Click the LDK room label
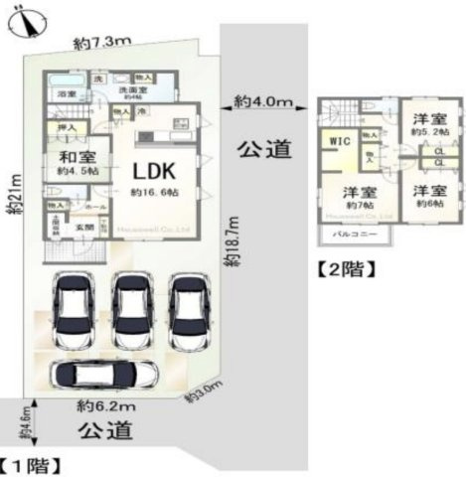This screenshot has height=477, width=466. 153,166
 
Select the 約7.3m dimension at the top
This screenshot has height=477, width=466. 102,43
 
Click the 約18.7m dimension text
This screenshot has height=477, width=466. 231,243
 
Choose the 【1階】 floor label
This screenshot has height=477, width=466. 33,464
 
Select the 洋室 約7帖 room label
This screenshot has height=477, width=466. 359,197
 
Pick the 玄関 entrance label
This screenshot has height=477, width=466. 86,227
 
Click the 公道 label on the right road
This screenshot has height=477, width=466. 265,149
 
